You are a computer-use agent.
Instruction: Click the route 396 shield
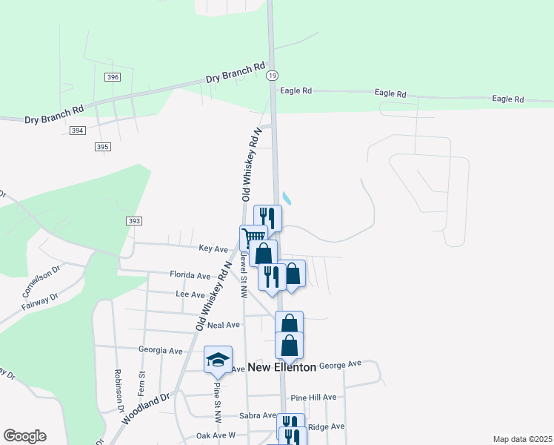tap(113, 77)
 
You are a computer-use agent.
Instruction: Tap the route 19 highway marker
tap(273, 76)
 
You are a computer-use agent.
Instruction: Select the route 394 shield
tap(77, 131)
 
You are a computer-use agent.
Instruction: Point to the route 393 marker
tap(133, 221)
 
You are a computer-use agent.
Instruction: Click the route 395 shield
tap(103, 147)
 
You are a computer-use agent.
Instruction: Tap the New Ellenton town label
tap(281, 367)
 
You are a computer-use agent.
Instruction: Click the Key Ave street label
tap(213, 249)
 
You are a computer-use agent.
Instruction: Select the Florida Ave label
tap(190, 275)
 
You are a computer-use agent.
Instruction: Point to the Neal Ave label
tap(224, 325)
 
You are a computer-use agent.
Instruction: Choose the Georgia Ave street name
tap(160, 350)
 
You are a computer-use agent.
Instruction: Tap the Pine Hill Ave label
tap(313, 398)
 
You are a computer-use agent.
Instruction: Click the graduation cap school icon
tap(218, 360)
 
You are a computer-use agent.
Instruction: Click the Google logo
tap(24, 436)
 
